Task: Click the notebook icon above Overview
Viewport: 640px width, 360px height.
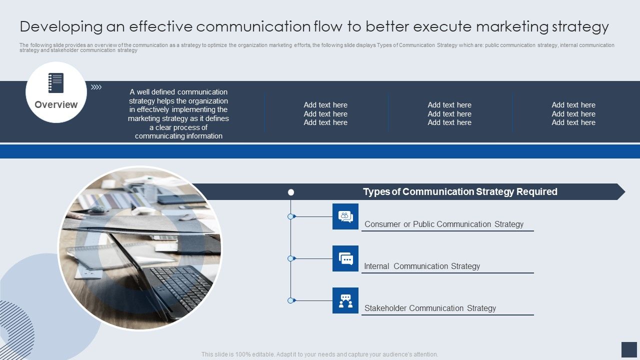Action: tap(56, 83)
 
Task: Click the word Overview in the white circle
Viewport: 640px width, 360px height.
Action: tap(56, 104)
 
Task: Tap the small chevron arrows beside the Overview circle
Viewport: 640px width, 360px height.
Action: tap(96, 87)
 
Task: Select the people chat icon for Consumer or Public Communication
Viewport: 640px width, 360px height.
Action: tap(345, 216)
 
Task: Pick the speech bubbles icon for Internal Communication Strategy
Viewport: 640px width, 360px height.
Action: tap(345, 258)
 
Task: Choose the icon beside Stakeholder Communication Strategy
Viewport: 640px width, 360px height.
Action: tap(345, 300)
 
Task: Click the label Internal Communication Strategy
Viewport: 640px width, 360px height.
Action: tap(422, 266)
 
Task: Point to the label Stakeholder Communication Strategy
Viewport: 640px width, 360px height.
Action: tap(430, 308)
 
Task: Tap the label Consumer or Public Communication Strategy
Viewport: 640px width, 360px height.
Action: tap(444, 224)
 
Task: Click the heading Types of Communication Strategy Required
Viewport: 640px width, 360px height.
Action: tap(460, 191)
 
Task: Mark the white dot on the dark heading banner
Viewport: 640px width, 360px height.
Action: tap(291, 192)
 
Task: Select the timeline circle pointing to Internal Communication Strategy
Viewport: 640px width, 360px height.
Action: tap(290, 258)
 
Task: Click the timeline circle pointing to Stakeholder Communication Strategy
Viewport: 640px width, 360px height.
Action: tap(290, 300)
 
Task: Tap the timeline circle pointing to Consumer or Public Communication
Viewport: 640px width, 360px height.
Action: tap(290, 216)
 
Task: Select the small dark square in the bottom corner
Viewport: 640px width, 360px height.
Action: tap(628, 349)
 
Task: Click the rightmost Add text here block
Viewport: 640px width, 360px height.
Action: tap(573, 113)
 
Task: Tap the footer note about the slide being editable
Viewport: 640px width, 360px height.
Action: tap(319, 354)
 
